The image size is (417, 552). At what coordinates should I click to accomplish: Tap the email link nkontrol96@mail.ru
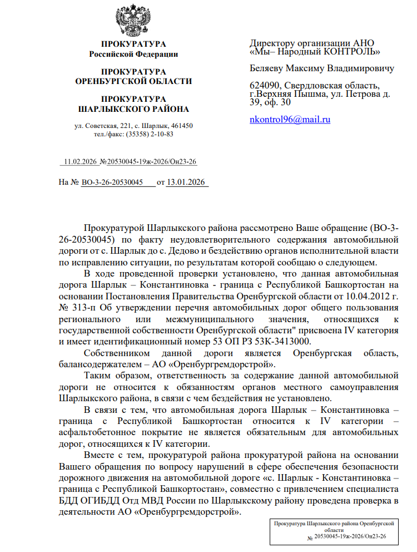(x=290, y=119)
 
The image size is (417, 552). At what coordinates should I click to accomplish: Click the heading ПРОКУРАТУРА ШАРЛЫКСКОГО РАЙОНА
(x=133, y=104)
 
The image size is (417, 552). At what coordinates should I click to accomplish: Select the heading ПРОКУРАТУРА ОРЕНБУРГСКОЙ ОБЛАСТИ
(x=133, y=76)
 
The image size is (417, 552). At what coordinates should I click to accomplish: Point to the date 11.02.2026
(x=81, y=162)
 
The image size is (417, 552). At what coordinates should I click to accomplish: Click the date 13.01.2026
(x=186, y=182)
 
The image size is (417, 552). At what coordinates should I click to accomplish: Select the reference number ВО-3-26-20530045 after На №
(x=112, y=182)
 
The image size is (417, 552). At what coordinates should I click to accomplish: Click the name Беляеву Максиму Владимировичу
(x=322, y=68)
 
